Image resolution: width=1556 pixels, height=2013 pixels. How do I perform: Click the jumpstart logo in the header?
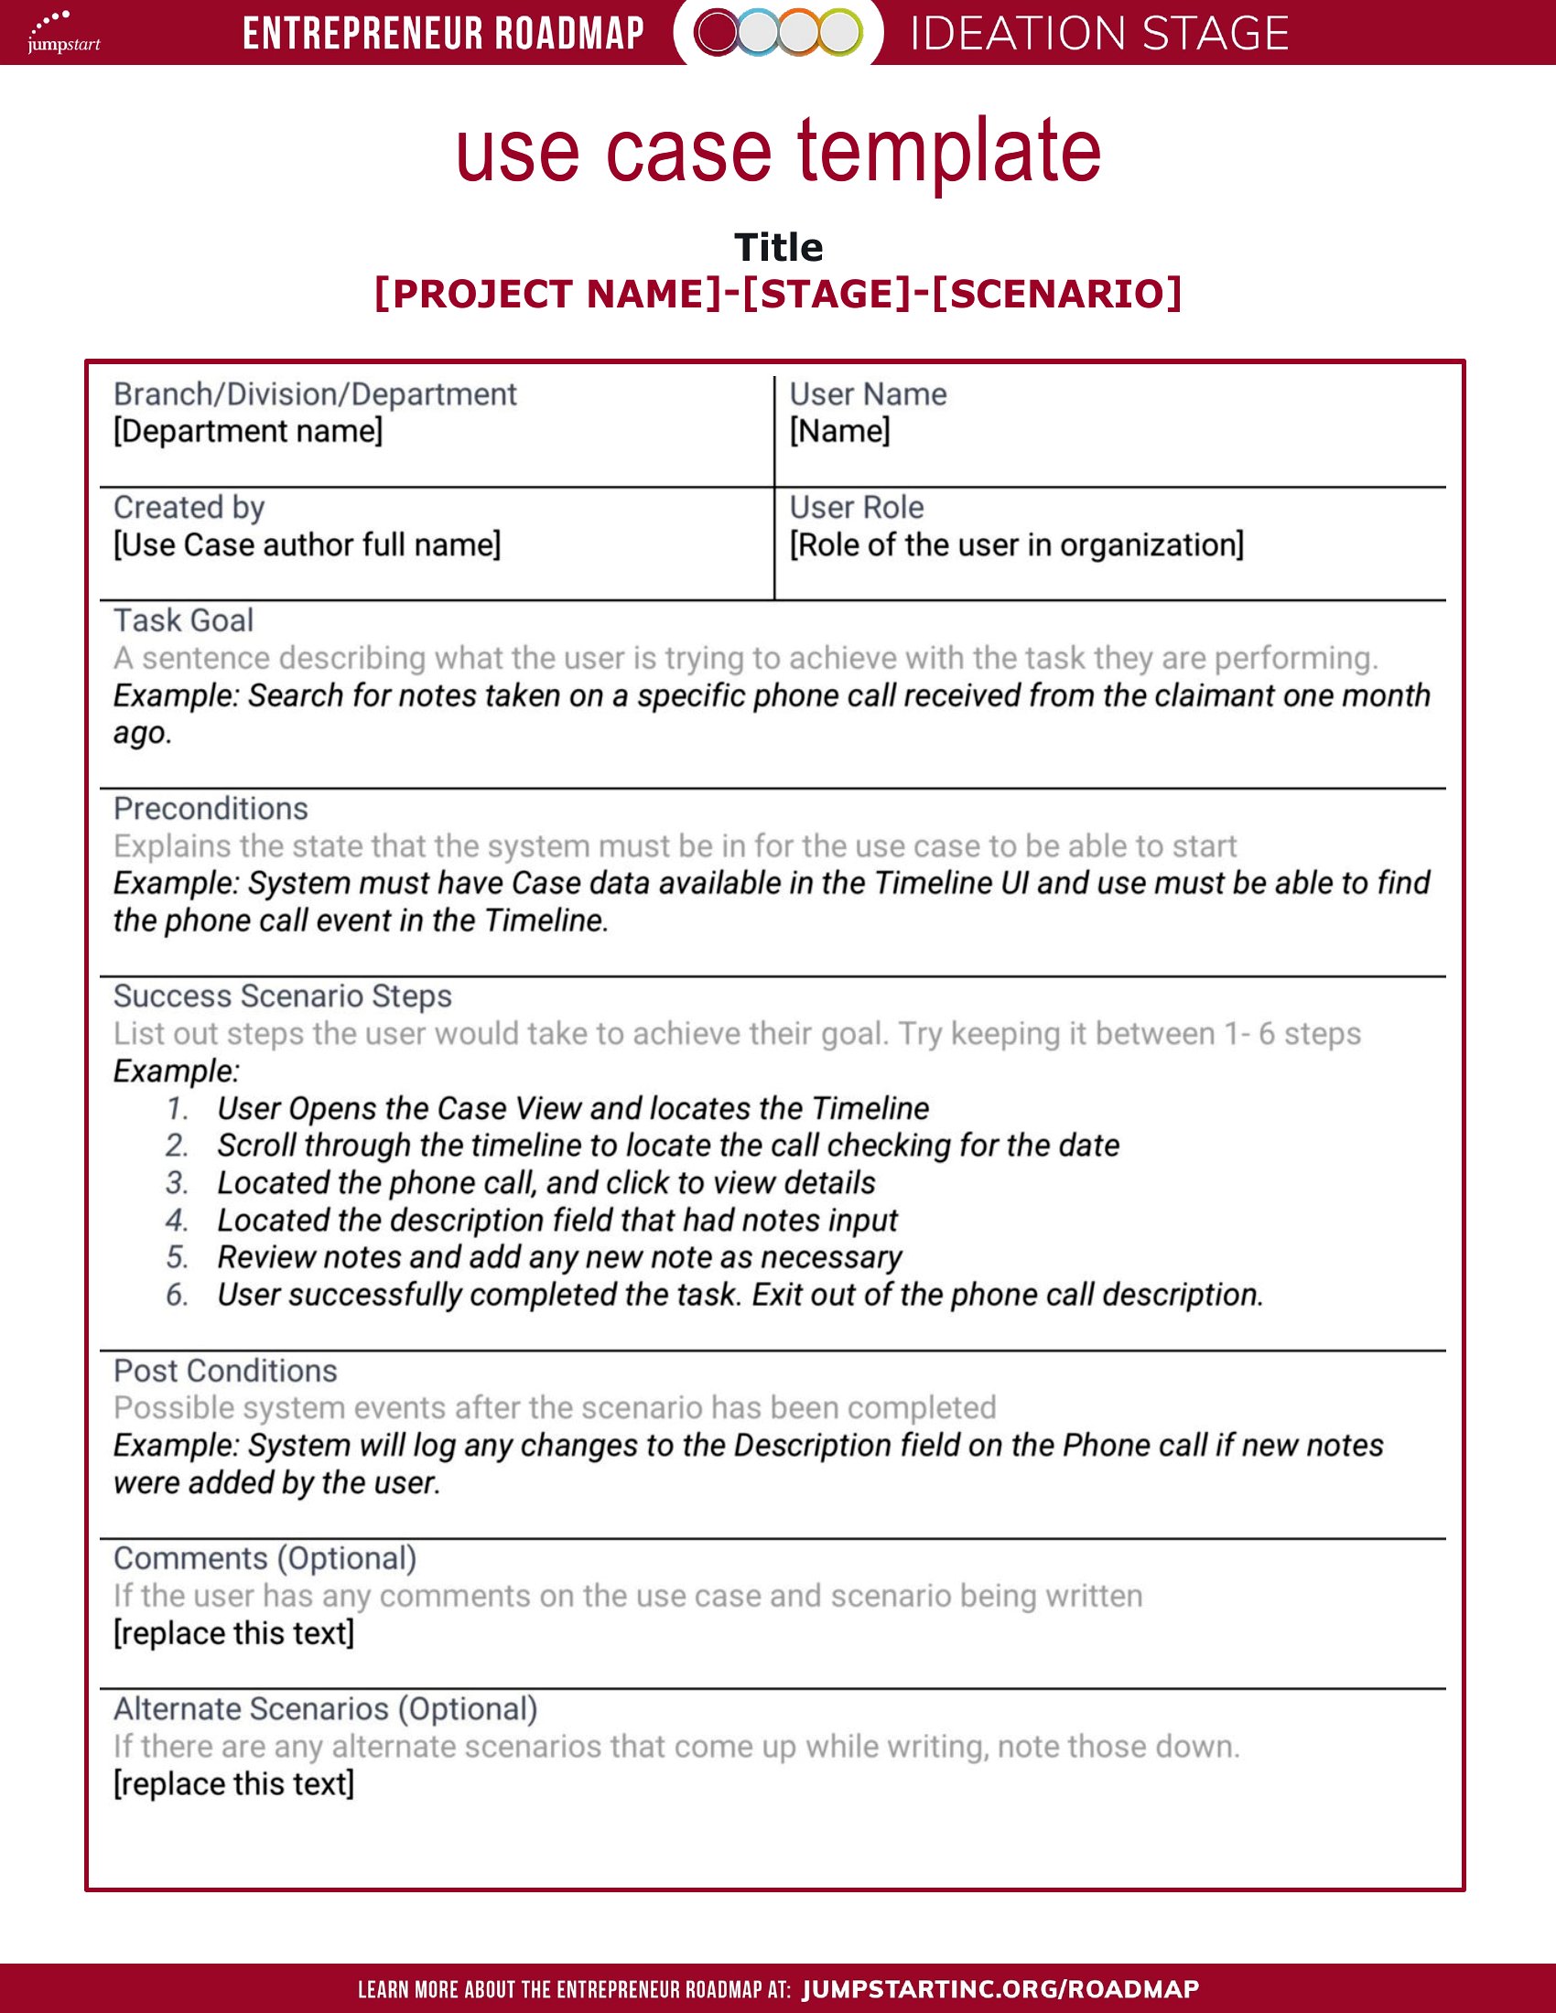click(62, 32)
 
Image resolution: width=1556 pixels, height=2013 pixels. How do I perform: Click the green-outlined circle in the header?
click(839, 33)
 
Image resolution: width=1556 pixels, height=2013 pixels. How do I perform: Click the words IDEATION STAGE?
click(1098, 34)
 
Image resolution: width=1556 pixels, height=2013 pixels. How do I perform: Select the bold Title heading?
click(778, 247)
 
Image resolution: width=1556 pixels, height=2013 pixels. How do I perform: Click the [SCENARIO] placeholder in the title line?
click(1056, 294)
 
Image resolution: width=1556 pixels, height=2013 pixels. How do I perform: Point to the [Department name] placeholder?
click(247, 431)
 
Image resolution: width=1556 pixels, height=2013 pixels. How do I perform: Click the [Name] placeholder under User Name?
click(839, 431)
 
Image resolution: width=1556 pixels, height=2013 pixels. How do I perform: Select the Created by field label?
click(189, 507)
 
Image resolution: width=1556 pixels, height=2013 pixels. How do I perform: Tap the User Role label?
click(857, 507)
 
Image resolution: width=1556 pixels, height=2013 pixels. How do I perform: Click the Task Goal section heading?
click(183, 620)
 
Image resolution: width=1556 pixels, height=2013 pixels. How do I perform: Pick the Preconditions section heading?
click(211, 808)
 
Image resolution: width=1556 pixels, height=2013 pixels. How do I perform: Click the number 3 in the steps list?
click(177, 1182)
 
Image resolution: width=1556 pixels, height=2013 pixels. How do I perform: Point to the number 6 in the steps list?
click(177, 1295)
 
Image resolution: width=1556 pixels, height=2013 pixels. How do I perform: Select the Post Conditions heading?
click(225, 1371)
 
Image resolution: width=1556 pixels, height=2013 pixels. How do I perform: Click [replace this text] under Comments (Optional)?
click(233, 1633)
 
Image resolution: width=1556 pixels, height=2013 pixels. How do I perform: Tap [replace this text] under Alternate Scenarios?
click(233, 1783)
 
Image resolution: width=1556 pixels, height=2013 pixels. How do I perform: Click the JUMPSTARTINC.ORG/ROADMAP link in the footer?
click(1000, 1989)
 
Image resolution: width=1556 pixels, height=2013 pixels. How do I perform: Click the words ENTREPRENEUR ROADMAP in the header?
click(443, 34)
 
